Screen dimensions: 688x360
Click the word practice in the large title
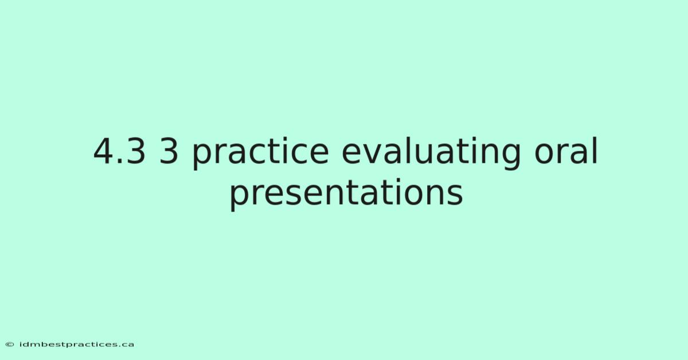[x=261, y=153]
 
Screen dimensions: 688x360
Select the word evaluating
[x=431, y=153]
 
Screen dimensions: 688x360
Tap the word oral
[x=566, y=151]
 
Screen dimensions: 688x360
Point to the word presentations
[x=346, y=194]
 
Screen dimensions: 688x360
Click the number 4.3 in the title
[x=119, y=151]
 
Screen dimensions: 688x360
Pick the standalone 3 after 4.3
[x=169, y=151]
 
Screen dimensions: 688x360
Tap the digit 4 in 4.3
[x=104, y=151]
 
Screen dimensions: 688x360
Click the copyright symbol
[x=10, y=345]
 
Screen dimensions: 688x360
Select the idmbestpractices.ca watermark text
[x=77, y=345]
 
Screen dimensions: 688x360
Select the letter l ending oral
[x=596, y=150]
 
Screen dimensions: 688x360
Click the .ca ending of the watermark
[x=126, y=345]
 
